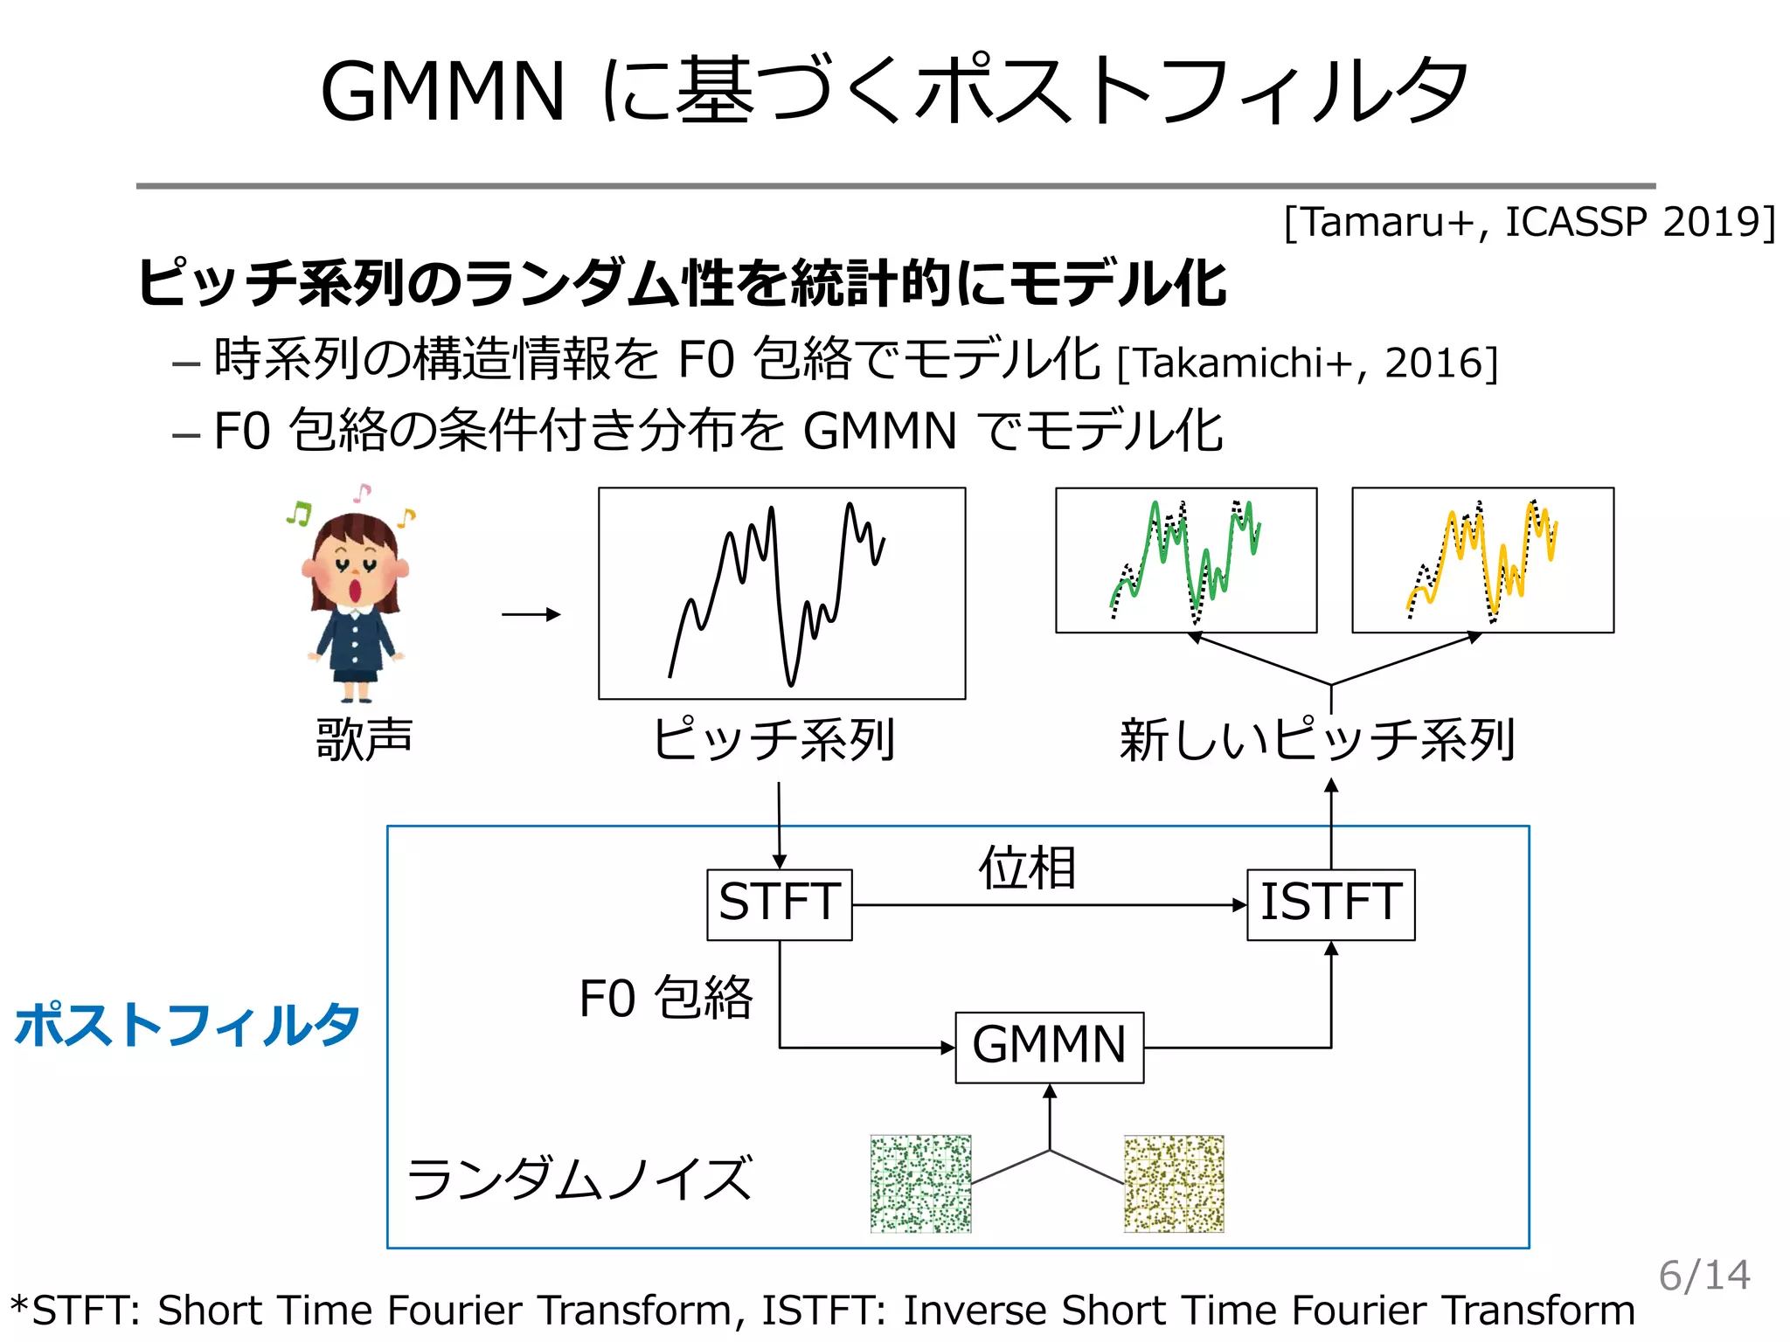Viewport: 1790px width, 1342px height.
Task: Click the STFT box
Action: click(x=779, y=904)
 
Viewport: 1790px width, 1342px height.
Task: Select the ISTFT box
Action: click(x=1330, y=904)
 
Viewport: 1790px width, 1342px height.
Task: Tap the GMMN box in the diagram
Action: click(x=1049, y=1047)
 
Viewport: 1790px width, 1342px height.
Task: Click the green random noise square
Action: click(x=920, y=1184)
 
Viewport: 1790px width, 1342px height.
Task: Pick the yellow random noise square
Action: click(x=1174, y=1184)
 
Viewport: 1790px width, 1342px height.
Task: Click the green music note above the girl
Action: click(x=299, y=513)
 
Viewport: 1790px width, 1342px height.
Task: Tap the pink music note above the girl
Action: click(x=362, y=492)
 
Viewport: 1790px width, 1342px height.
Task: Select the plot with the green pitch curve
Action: click(x=1186, y=560)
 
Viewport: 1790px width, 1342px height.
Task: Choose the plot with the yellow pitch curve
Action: click(x=1482, y=560)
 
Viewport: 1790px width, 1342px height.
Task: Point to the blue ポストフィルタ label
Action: click(x=187, y=1024)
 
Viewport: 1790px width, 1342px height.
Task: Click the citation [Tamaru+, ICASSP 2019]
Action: click(x=1530, y=222)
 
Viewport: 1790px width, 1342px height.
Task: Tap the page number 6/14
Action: click(x=1704, y=1276)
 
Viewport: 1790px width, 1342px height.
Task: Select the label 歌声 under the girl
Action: click(x=364, y=739)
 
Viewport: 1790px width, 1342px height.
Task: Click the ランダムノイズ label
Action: click(x=579, y=1179)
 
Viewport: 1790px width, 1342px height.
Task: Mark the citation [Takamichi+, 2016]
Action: click(x=1308, y=363)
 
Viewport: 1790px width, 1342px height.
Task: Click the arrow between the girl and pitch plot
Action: click(x=531, y=614)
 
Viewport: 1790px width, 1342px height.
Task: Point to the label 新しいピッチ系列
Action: click(x=1317, y=740)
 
